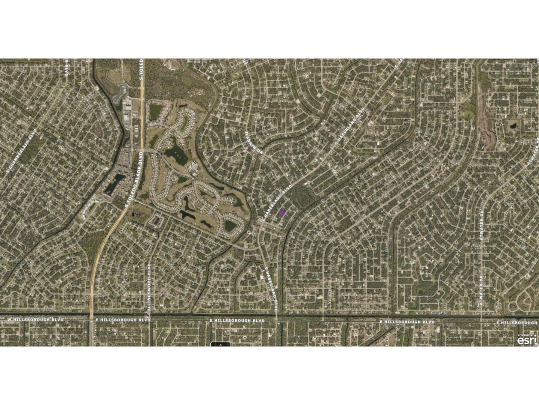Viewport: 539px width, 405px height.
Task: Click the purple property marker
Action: (283, 212)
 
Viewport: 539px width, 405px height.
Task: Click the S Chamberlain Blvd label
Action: (22, 150)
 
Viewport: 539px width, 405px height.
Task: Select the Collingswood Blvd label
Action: (149, 288)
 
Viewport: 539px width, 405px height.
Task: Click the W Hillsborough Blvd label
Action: (36, 319)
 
